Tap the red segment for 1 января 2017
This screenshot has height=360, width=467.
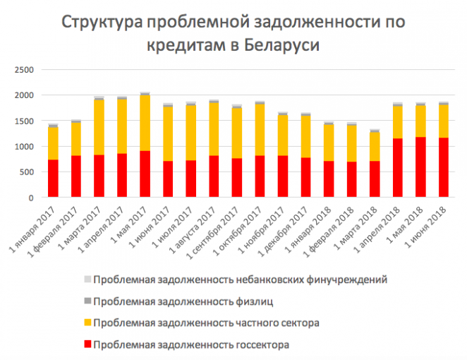[53, 178]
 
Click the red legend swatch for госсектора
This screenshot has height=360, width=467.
[87, 344]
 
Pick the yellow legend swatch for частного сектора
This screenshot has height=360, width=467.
[87, 323]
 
